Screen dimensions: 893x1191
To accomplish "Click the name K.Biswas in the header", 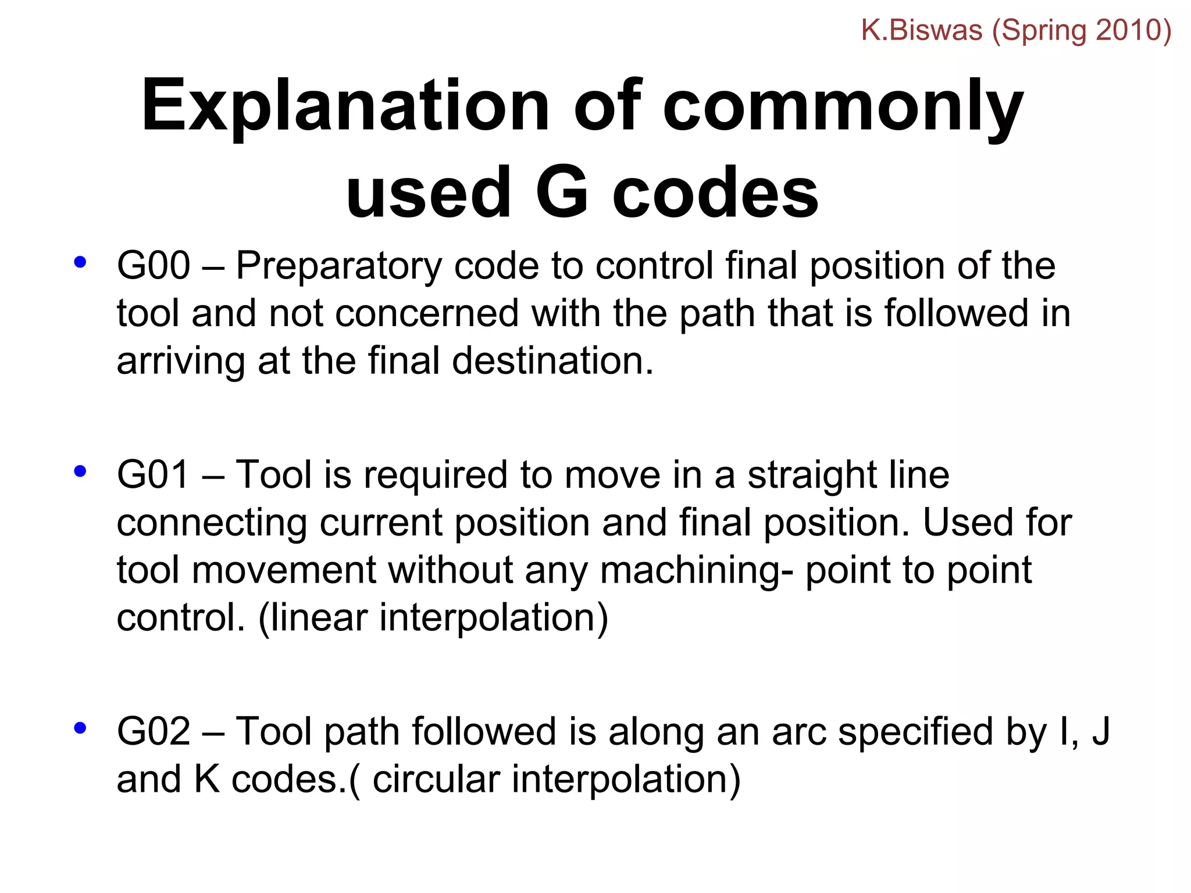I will [921, 30].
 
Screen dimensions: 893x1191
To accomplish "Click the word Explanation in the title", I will [345, 106].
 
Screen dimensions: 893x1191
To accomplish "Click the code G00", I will [154, 266].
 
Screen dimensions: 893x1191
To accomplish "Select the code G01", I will [154, 474].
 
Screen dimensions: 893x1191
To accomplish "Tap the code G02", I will [154, 731].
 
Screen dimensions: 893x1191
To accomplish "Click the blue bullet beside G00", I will [80, 262].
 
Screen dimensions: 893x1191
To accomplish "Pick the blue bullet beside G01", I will [80, 471].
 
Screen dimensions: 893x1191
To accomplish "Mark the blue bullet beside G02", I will [80, 728].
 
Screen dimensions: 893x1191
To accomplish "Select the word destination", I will [552, 360].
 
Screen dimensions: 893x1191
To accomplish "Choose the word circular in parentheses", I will [436, 780].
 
